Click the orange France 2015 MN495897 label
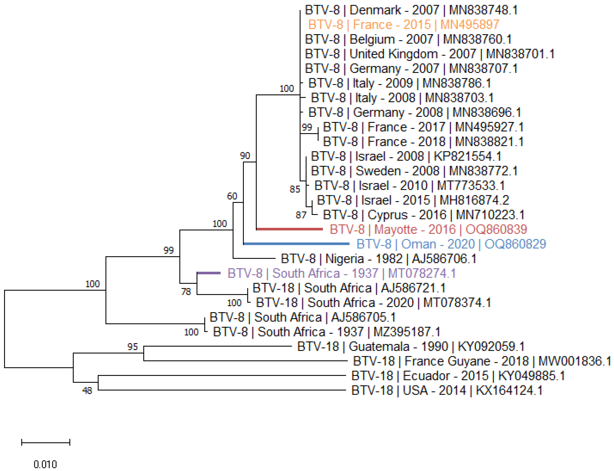pos(403,25)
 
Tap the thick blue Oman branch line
pos(296,244)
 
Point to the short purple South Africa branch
pos(209,273)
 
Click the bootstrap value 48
pos(87,390)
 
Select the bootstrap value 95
pos(133,347)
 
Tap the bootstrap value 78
pos(186,292)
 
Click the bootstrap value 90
pos(245,156)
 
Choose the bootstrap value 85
pos(295,189)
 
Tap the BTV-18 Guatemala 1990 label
pos(411,347)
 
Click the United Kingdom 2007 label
pos(429,54)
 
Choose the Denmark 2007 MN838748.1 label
pos(411,10)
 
